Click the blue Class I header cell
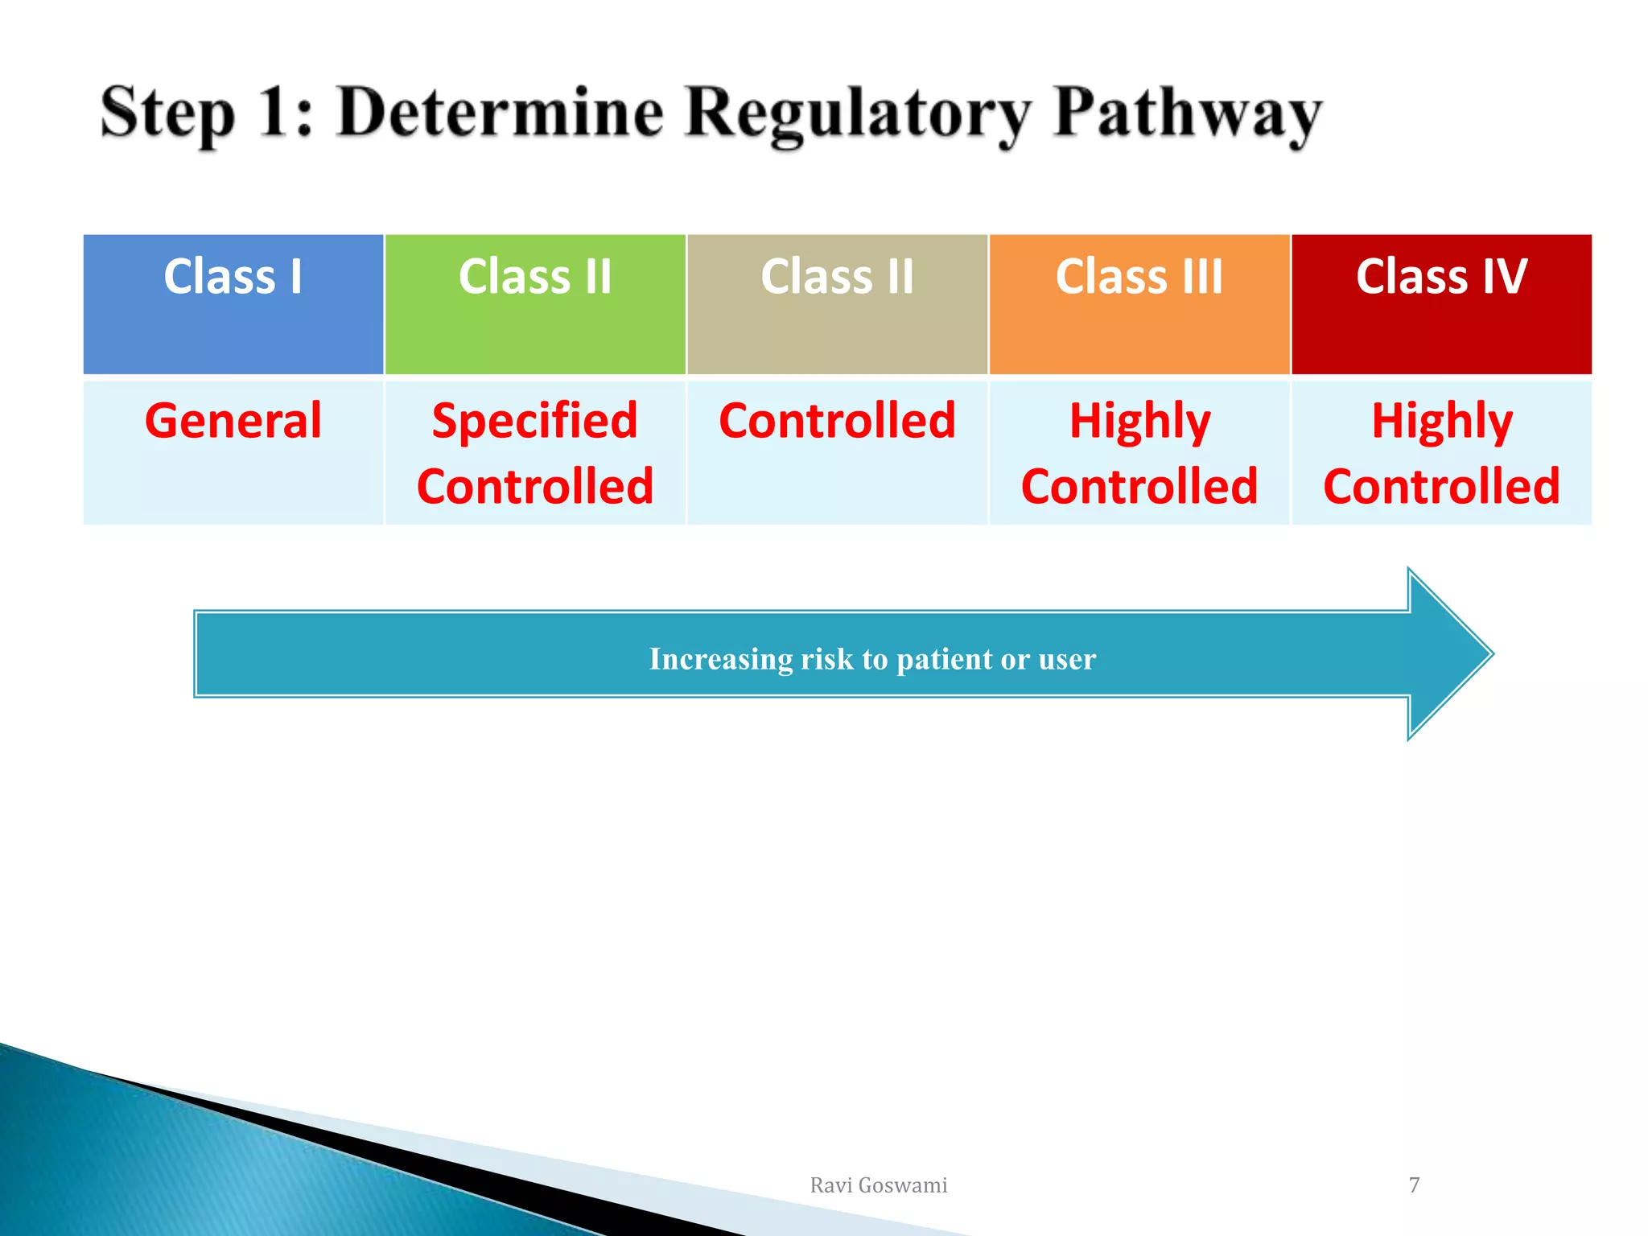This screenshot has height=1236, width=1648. pyautogui.click(x=233, y=303)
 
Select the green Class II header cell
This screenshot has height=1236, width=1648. pyautogui.click(x=535, y=303)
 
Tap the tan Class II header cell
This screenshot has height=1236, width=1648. pyautogui.click(x=837, y=303)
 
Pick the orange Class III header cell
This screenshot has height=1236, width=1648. pyautogui.click(x=1139, y=303)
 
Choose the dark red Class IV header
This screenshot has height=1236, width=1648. pyautogui.click(x=1441, y=303)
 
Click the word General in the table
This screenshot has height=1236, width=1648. pyautogui.click(x=233, y=421)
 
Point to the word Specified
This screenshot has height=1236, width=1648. pyautogui.click(x=535, y=421)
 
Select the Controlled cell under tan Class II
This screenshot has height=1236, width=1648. pyautogui.click(x=837, y=421)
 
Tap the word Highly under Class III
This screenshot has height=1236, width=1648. pyautogui.click(x=1139, y=421)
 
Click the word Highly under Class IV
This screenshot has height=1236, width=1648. pyautogui.click(x=1441, y=421)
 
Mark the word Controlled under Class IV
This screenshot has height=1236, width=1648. pyautogui.click(x=1441, y=487)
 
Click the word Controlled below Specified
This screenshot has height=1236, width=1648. pyautogui.click(x=535, y=487)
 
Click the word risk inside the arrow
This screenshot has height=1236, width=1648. pyautogui.click(x=827, y=659)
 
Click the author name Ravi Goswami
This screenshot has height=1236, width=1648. pyautogui.click(x=878, y=1185)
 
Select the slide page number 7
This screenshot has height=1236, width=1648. pyautogui.click(x=1414, y=1184)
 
